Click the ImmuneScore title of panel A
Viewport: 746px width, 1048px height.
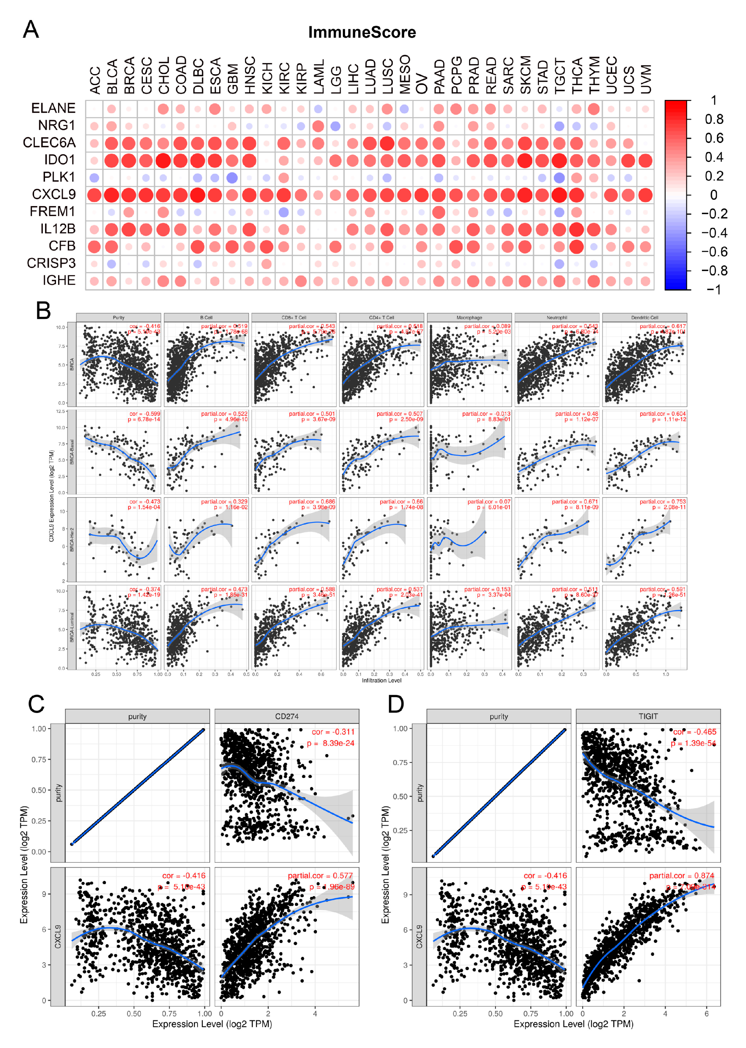click(362, 32)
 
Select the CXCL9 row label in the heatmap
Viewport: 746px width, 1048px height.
click(54, 194)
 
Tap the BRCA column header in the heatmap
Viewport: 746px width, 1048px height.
click(129, 75)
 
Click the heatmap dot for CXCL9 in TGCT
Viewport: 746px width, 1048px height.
click(559, 195)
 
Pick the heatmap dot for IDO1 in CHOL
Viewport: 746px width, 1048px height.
click(163, 161)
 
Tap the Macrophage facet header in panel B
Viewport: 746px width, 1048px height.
click(469, 317)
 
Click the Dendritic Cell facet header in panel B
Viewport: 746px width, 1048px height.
click(644, 317)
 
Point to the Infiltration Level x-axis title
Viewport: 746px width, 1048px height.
click(381, 680)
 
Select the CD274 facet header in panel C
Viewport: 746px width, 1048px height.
click(287, 716)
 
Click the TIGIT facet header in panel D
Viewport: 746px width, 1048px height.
click(648, 716)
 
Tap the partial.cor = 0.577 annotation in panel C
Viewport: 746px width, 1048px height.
click(320, 876)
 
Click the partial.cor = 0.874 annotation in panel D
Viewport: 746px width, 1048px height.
click(682, 876)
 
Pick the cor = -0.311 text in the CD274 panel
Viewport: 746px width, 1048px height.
click(333, 732)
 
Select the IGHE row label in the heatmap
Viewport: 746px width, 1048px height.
click(59, 280)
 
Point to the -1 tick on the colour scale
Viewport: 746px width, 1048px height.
click(713, 290)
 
